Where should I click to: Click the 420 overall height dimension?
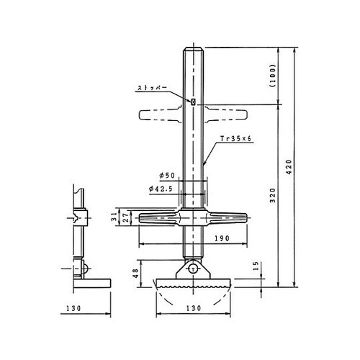(289, 167)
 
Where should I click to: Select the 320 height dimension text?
(273, 195)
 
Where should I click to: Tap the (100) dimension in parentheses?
(273, 76)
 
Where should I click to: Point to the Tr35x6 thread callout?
(235, 138)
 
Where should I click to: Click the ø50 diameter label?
(167, 176)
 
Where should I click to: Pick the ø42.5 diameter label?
(161, 189)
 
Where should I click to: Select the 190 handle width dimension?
(222, 238)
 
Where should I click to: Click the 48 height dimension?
(136, 273)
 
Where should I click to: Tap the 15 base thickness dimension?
(256, 266)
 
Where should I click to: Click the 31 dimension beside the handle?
(114, 217)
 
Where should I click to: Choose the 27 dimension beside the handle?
(127, 217)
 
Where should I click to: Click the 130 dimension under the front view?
(194, 308)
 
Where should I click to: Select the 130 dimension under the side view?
(73, 308)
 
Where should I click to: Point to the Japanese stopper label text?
(152, 88)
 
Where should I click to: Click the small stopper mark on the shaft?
(193, 102)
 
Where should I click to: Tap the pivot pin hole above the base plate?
(193, 269)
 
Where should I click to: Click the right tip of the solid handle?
(247, 217)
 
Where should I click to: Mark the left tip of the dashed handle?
(140, 114)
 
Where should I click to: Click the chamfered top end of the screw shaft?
(194, 49)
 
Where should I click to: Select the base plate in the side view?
(92, 283)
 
